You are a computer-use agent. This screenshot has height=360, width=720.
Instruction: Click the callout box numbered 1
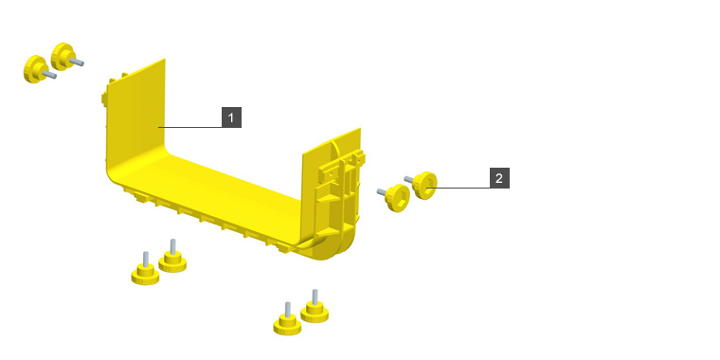(x=231, y=117)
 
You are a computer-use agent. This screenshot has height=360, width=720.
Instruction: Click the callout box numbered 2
(x=499, y=178)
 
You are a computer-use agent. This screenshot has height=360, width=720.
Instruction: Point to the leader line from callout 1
(x=190, y=127)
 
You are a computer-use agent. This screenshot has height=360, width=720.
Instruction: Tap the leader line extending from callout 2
(x=459, y=188)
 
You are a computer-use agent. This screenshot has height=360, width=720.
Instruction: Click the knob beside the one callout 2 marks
(x=394, y=197)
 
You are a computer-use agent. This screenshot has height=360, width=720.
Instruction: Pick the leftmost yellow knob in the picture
(x=39, y=69)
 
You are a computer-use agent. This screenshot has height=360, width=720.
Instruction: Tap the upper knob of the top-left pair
(x=66, y=57)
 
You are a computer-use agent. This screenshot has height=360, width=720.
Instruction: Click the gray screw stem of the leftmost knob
(x=49, y=75)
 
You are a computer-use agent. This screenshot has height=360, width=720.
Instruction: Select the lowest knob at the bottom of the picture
(x=287, y=321)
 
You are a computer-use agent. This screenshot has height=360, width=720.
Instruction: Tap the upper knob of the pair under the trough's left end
(x=172, y=258)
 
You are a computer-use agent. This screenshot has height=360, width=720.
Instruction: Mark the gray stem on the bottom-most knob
(x=287, y=310)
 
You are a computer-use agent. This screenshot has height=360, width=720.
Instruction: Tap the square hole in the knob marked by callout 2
(x=428, y=187)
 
